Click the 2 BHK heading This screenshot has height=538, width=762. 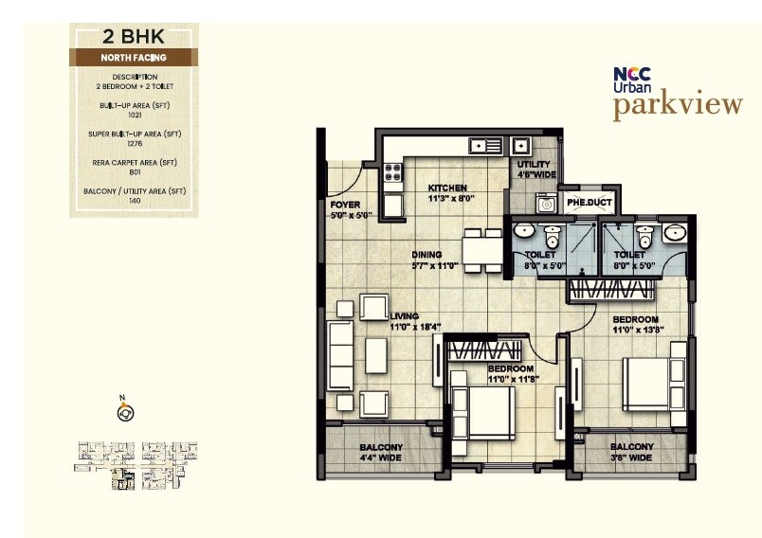[133, 39]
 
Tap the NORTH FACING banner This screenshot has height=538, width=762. [134, 58]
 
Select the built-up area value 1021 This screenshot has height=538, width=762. [134, 114]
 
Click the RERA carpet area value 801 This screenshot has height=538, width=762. [134, 171]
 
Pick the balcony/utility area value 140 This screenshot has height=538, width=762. [134, 201]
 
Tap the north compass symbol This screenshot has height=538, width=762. [123, 411]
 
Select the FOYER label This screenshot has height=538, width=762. [344, 205]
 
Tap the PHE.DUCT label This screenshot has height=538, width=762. [588, 203]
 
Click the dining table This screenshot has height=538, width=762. [481, 249]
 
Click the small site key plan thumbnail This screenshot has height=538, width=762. [135, 465]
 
